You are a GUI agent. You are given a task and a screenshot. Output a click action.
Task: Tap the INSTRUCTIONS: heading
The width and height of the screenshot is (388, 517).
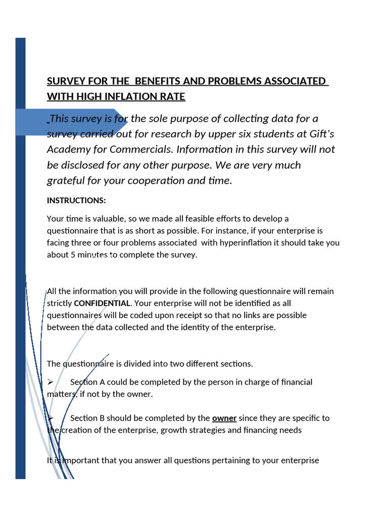[x=76, y=200]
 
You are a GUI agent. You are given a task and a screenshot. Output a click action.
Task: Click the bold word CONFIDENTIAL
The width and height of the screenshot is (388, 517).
[x=102, y=303]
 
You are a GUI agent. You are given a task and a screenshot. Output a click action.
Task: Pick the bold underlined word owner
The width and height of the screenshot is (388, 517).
[x=224, y=418]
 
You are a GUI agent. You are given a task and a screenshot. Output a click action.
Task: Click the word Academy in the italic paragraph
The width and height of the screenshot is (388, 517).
[x=68, y=149]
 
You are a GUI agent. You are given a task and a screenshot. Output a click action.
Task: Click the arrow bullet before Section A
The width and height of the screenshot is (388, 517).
[x=50, y=382]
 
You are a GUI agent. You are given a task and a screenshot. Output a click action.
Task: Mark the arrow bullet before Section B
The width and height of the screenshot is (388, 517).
[x=50, y=419]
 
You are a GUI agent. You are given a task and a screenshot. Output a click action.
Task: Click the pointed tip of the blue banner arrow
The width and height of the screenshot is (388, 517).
[x=127, y=122]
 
